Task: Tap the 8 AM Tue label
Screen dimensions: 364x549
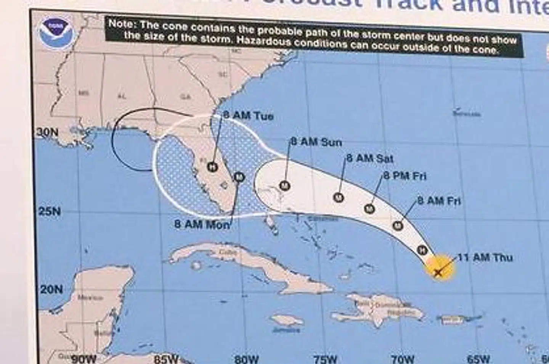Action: click(x=248, y=115)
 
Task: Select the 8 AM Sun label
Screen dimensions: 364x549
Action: click(x=316, y=142)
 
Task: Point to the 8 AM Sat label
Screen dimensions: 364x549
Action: click(x=370, y=158)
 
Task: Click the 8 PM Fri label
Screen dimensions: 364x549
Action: click(x=405, y=176)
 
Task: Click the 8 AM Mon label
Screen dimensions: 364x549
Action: click(x=202, y=224)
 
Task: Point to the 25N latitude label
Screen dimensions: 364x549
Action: click(x=50, y=211)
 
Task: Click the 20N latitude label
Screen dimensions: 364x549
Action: click(x=51, y=289)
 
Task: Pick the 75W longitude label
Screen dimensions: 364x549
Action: click(x=325, y=359)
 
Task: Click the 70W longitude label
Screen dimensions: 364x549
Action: click(x=402, y=359)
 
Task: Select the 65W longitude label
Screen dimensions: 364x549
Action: click(x=478, y=359)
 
